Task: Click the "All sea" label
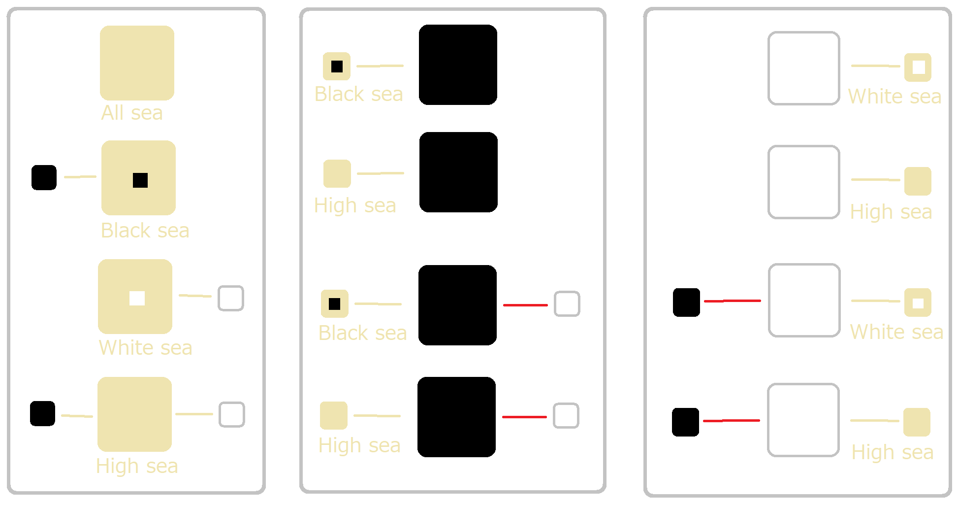tap(132, 113)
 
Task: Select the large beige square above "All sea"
tap(137, 63)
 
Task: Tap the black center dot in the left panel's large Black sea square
tap(140, 180)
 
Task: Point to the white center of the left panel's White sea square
tap(137, 298)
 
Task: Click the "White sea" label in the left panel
tap(145, 348)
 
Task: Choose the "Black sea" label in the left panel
tap(145, 231)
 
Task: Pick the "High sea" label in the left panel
tap(137, 466)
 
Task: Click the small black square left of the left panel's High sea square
tap(42, 413)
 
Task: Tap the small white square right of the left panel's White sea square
tap(231, 298)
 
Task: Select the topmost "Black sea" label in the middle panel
tap(358, 94)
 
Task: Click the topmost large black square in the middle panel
tap(458, 65)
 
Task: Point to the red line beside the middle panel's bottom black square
tap(524, 417)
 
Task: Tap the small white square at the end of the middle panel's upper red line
tap(567, 303)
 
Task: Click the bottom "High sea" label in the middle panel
tap(359, 445)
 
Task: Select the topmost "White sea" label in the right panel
tap(894, 97)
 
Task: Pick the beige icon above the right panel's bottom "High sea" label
tap(917, 422)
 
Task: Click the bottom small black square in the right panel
tap(685, 422)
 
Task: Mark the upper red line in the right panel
tap(733, 301)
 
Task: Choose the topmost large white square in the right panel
tap(804, 68)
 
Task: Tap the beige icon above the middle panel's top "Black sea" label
tap(337, 66)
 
